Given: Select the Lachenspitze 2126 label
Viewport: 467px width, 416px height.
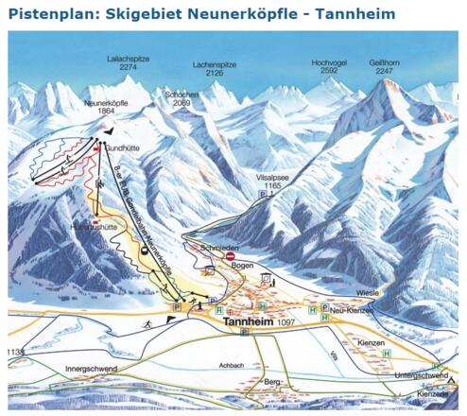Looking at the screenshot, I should point(215,64).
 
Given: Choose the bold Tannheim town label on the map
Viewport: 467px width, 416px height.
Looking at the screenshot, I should point(251,322).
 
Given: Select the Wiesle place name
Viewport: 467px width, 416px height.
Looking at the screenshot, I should point(368,292).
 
